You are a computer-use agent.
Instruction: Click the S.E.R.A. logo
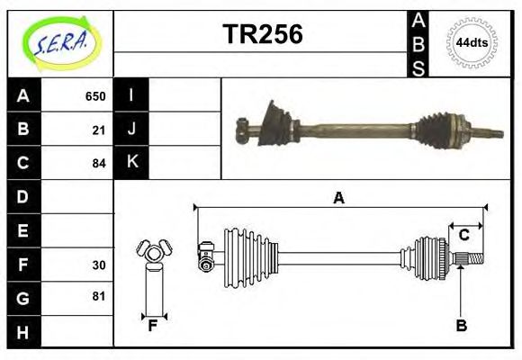60,41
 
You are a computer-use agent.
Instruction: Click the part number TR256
262,34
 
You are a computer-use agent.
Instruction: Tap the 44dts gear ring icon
472,42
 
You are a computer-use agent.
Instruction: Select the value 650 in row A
95,96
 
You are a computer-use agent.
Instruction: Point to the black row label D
22,196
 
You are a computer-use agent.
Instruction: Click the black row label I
131,95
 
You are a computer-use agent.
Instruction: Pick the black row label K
131,162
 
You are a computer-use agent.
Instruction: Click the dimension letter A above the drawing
338,199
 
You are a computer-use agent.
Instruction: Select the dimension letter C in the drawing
464,235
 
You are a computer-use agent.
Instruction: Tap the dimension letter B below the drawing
462,326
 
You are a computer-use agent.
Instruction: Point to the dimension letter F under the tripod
153,326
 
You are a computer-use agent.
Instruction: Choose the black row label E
22,230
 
